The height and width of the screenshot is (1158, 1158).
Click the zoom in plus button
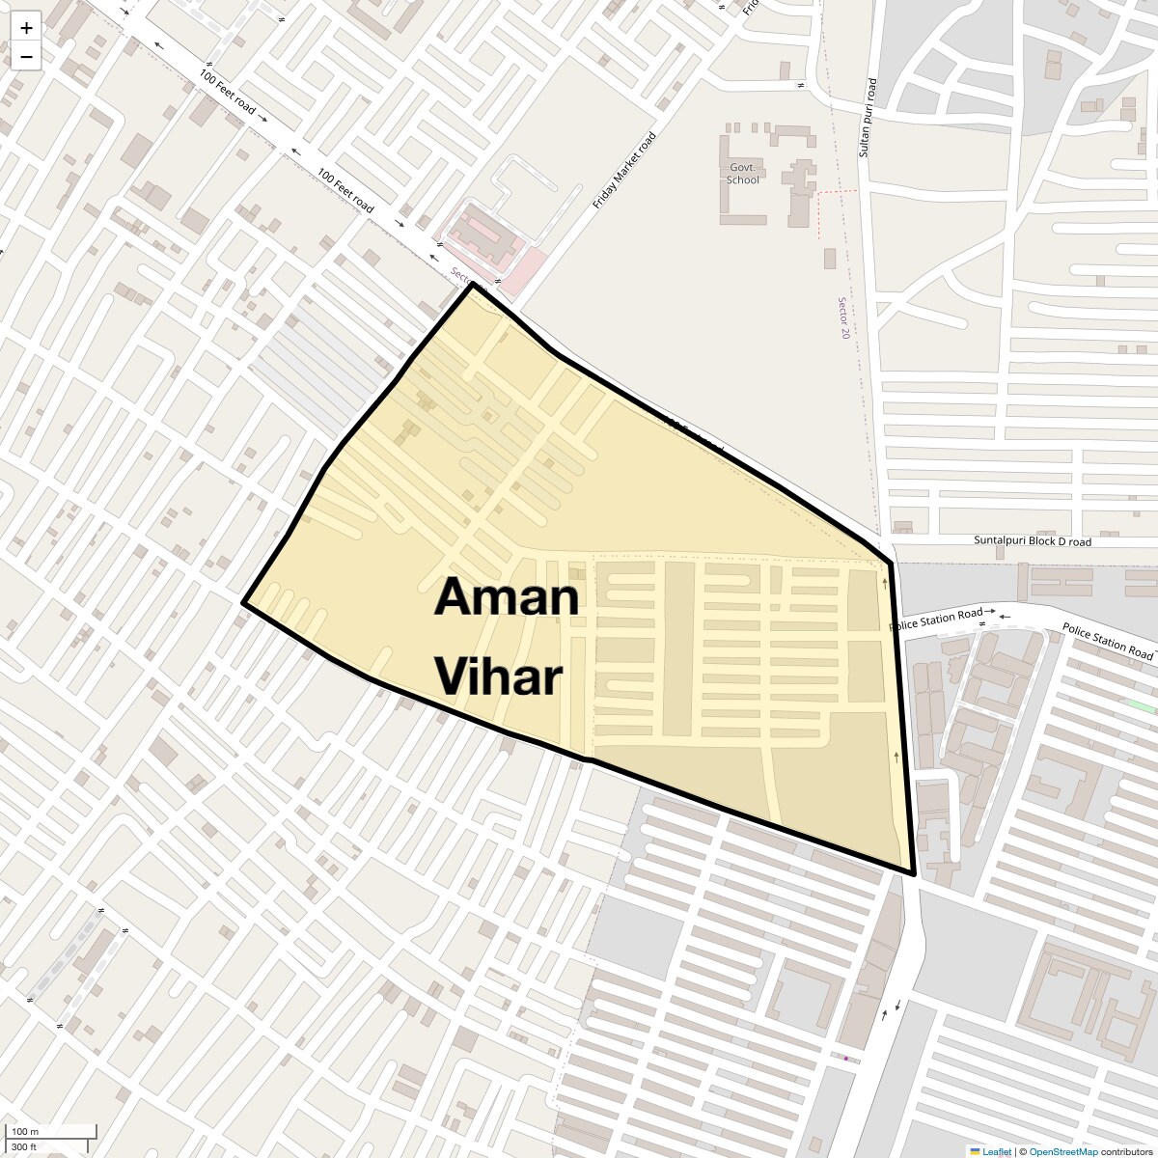click(x=26, y=28)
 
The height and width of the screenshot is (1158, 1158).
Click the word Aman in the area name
click(x=507, y=597)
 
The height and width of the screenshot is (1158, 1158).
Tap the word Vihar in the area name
click(x=498, y=676)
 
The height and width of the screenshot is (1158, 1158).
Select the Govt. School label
click(x=744, y=173)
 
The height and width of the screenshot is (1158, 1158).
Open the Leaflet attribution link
click(x=997, y=1151)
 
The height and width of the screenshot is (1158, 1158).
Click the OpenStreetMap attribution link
click(x=1062, y=1151)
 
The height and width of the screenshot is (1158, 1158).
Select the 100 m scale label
click(x=24, y=1131)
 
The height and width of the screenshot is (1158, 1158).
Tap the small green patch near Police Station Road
click(x=1143, y=706)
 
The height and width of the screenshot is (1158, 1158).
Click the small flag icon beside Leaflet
click(x=975, y=1151)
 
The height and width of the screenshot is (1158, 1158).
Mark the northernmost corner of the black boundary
click(x=471, y=284)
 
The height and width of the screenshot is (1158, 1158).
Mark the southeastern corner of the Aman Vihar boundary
click(x=913, y=873)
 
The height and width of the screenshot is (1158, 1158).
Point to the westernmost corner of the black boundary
click(x=243, y=603)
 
